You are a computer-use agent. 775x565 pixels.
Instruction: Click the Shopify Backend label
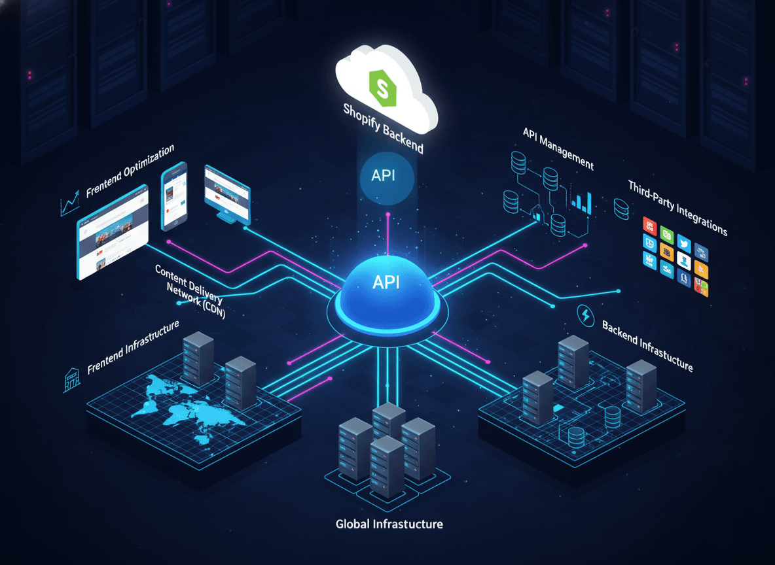[x=384, y=128]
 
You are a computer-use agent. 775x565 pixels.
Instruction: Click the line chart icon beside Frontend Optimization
[x=69, y=206]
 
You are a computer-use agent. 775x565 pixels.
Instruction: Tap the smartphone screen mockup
[x=174, y=196]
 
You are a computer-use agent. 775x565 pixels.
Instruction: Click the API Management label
[x=558, y=147]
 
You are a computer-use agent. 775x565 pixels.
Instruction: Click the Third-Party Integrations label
[x=677, y=207]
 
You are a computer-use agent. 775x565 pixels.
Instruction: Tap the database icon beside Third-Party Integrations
[x=621, y=209]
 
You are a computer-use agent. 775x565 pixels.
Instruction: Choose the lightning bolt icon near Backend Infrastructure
[x=585, y=316]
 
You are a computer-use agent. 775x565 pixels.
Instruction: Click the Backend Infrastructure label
[x=646, y=346]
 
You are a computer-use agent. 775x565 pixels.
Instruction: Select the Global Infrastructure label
[x=389, y=524]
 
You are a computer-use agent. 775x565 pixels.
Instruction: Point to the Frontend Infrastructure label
[x=133, y=346]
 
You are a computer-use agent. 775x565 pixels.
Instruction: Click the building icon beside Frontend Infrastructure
[x=71, y=379]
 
